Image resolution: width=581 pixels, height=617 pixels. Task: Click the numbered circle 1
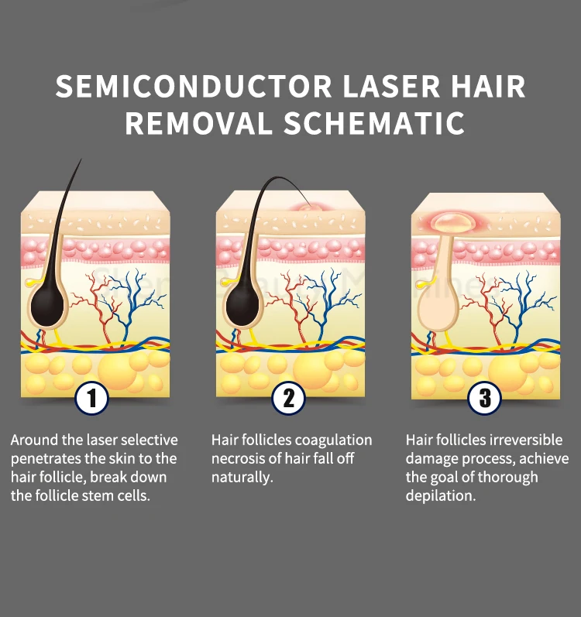pos(92,399)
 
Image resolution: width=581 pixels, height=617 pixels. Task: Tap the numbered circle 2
pos(288,399)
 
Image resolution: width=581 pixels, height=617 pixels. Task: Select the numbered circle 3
pos(485,399)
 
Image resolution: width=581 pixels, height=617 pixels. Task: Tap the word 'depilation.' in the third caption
pos(440,496)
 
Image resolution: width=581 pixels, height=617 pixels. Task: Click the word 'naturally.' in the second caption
pos(242,478)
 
